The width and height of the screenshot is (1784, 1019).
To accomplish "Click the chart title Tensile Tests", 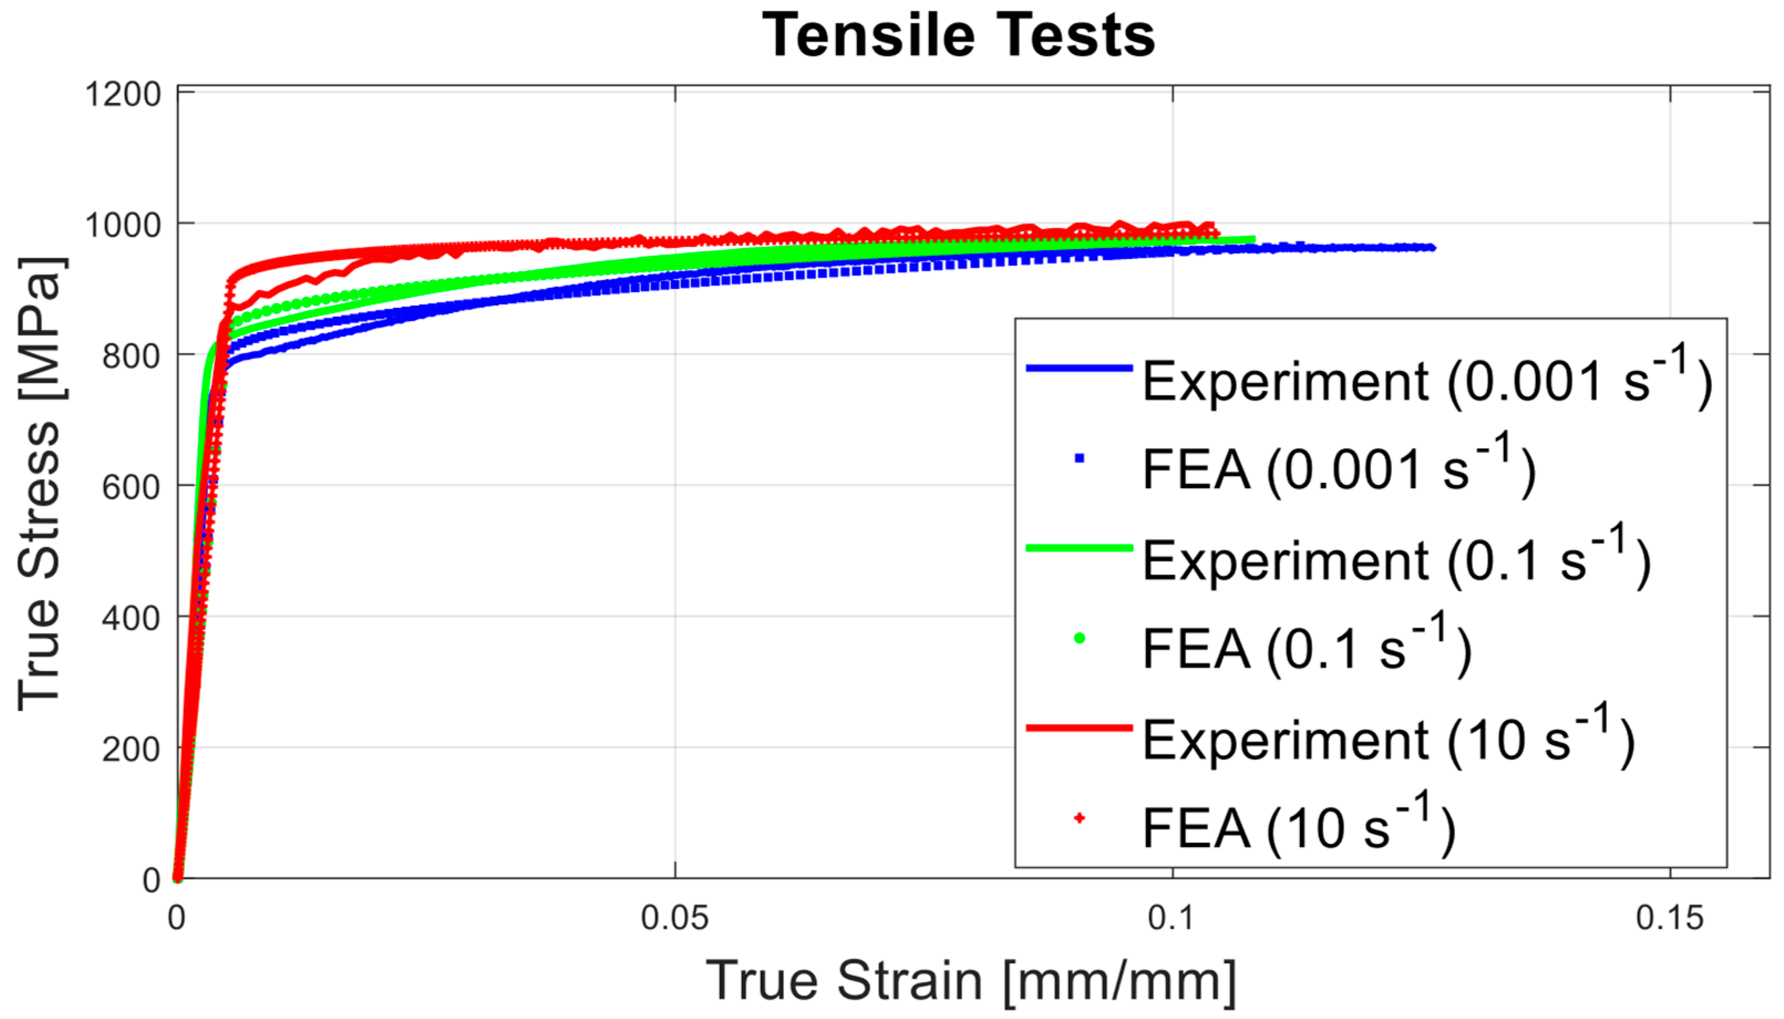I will [958, 37].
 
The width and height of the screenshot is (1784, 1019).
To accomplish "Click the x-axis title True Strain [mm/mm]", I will [971, 981].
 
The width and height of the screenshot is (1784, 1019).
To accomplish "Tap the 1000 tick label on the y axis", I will [123, 225].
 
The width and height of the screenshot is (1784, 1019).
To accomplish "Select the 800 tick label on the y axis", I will [132, 356].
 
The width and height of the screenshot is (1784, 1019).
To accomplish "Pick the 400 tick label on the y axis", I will [132, 617].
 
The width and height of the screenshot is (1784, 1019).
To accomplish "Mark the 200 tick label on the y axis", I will [132, 748].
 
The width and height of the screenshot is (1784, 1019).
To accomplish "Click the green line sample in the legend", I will [1079, 547].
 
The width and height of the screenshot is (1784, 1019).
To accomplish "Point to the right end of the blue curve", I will [1433, 247].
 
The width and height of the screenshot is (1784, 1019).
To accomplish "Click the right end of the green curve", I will [1253, 239].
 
